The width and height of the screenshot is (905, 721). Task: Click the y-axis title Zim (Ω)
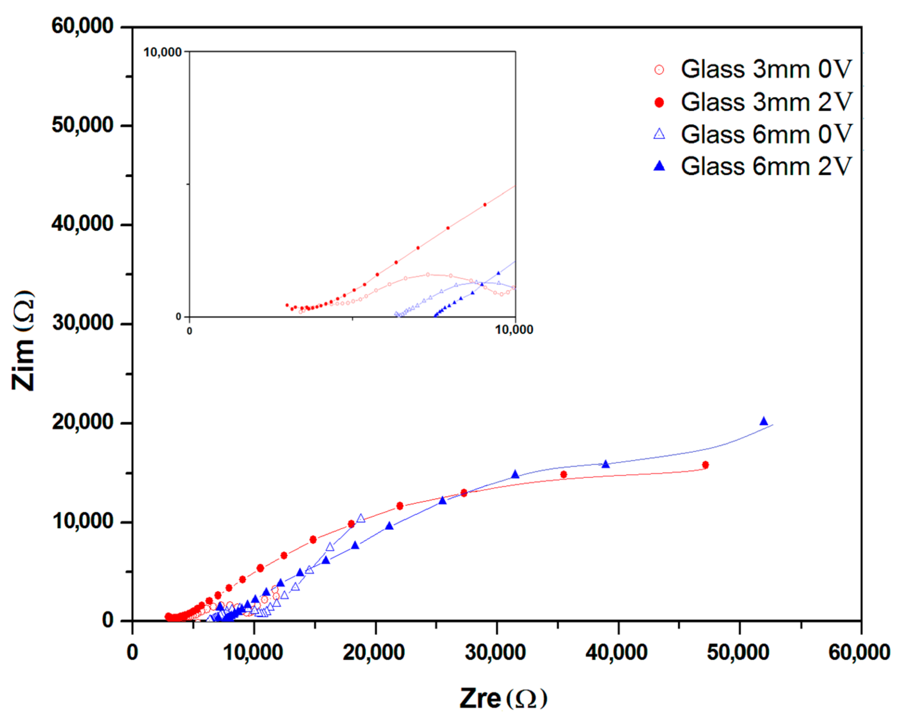(23, 340)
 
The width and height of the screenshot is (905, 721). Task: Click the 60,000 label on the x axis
(859, 653)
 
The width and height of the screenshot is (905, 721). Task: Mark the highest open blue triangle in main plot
(361, 519)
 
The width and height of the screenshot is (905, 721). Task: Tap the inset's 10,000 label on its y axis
(163, 52)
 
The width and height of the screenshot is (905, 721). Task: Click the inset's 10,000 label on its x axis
(514, 330)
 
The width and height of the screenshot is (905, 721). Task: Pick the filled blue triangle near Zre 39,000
(605, 464)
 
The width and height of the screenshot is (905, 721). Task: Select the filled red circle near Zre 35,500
(563, 475)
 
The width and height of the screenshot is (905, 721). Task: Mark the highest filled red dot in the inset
(485, 205)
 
